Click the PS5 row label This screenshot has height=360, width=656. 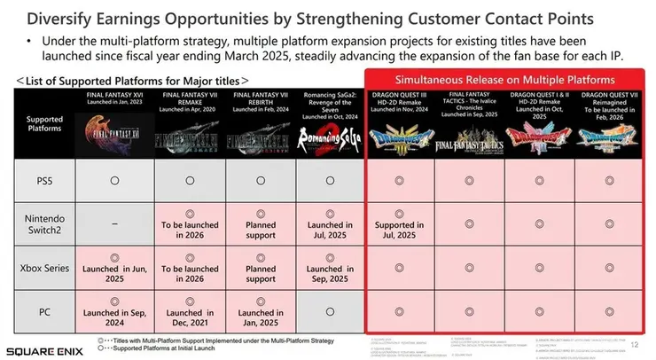tap(43, 179)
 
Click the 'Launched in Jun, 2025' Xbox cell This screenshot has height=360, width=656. tap(115, 271)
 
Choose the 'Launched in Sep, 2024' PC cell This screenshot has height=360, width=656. tap(115, 315)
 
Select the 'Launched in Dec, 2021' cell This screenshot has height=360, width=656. tap(190, 315)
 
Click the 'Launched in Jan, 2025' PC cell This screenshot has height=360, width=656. tap(261, 315)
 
